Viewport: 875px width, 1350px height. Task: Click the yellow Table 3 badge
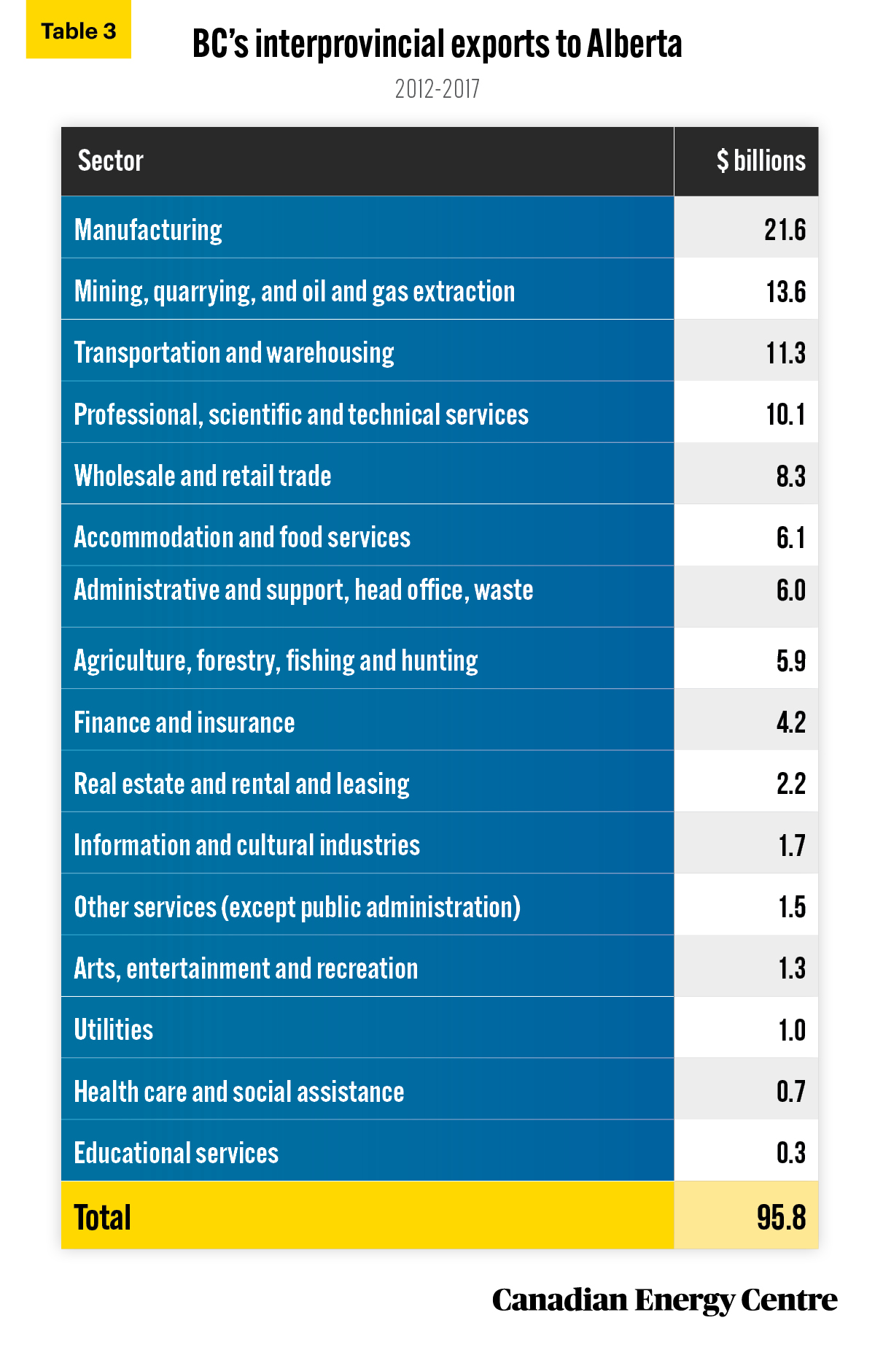click(x=79, y=31)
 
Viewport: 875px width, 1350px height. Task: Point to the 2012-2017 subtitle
click(x=437, y=89)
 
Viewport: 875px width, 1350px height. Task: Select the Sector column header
click(x=111, y=161)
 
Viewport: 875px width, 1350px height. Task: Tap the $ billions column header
click(x=761, y=161)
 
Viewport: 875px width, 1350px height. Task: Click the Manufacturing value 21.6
click(x=785, y=230)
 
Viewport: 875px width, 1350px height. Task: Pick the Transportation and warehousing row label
click(x=234, y=353)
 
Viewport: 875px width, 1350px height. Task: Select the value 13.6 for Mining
click(x=786, y=292)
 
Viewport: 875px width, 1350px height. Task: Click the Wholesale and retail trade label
click(x=203, y=476)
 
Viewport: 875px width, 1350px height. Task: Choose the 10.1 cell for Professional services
click(x=786, y=414)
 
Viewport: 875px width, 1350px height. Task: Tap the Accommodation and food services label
click(x=242, y=537)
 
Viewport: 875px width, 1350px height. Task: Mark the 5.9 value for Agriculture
click(x=791, y=661)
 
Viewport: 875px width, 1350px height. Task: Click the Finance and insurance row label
click(x=184, y=722)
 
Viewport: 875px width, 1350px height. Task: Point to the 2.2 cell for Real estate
click(x=791, y=784)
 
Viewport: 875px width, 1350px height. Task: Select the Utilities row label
click(x=114, y=1030)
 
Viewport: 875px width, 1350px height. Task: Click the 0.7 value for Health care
click(x=791, y=1092)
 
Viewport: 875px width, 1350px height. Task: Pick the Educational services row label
click(x=176, y=1153)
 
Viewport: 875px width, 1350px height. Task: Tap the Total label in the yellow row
click(x=103, y=1217)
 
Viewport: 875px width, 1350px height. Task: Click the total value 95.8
click(x=782, y=1217)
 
